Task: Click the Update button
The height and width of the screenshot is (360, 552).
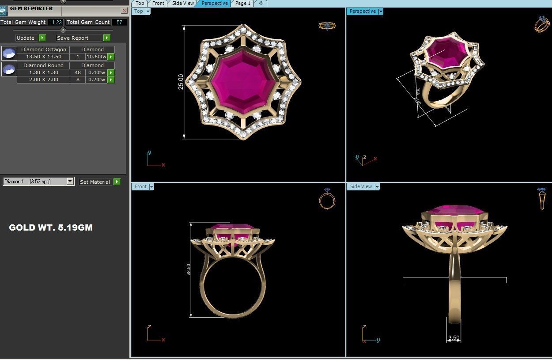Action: coord(26,38)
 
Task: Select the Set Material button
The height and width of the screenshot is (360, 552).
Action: coord(95,182)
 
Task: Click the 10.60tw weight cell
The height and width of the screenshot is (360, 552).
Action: coord(96,57)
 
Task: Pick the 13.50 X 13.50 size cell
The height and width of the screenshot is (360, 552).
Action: coord(43,57)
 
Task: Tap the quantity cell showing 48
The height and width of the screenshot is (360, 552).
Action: coord(78,72)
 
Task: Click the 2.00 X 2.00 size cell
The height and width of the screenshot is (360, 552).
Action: coord(43,80)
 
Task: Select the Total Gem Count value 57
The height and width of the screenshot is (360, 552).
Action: coord(119,22)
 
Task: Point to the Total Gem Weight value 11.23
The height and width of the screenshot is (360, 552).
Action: coord(55,22)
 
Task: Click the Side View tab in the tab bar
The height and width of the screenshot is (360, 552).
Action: coord(183,3)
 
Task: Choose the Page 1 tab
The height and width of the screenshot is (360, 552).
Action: coord(242,3)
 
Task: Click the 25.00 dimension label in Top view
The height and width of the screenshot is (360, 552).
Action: coord(181,82)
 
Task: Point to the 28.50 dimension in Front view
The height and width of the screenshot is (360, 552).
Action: coord(189,270)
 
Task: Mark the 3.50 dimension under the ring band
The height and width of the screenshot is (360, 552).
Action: coord(454,338)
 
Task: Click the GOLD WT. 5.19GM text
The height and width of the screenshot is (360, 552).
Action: coord(51,228)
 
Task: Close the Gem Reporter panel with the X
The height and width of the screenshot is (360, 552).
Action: coord(124,10)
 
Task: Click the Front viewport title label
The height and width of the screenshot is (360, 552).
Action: coord(140,187)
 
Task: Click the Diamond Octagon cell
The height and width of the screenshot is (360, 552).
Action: coord(43,49)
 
